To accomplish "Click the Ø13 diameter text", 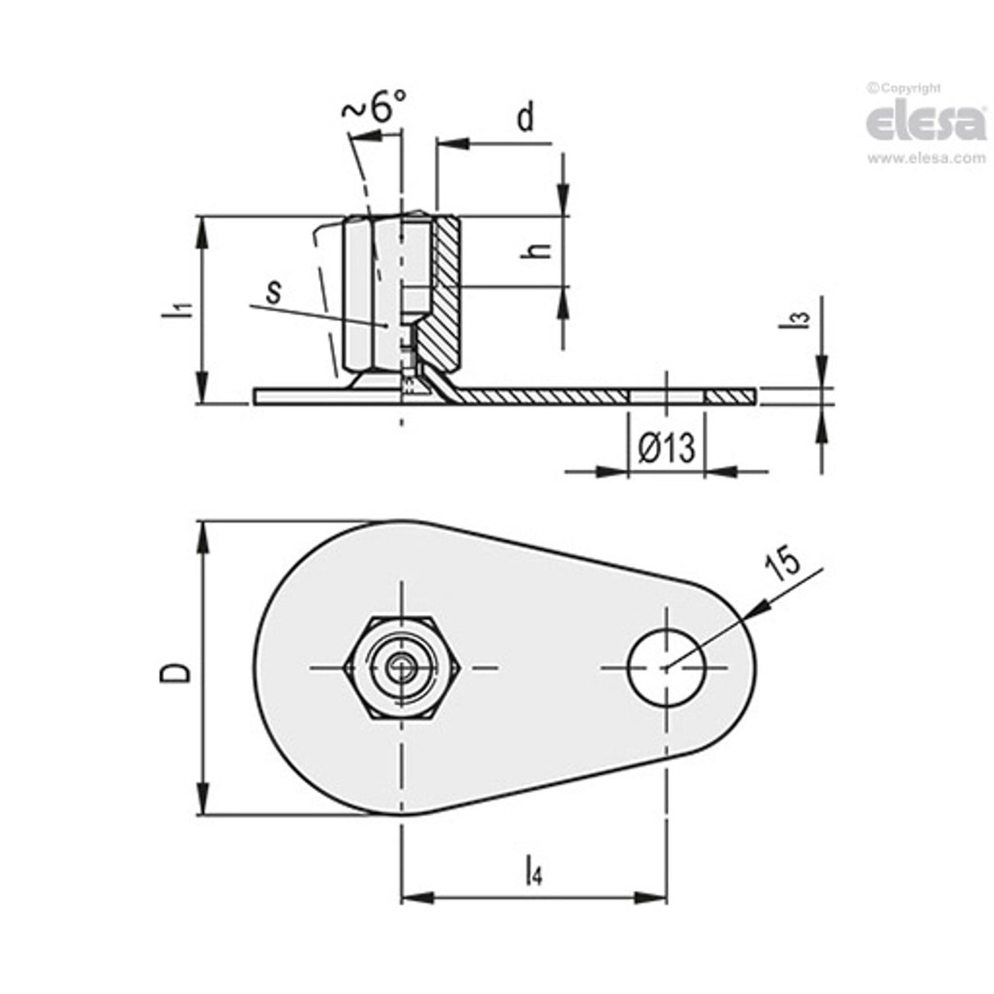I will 666,448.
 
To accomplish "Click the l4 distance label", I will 533,870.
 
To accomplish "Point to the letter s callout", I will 274,290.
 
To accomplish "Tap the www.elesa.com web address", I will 926,159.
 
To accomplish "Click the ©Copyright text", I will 904,88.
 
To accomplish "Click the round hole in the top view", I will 666,667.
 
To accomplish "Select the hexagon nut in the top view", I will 401,667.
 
